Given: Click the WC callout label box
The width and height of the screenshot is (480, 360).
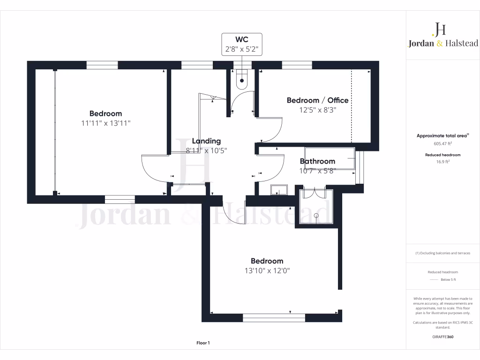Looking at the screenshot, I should (242, 45).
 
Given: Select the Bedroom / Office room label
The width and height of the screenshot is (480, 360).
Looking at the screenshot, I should (317, 100).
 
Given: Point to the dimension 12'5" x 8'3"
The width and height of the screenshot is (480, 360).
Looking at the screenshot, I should (317, 110).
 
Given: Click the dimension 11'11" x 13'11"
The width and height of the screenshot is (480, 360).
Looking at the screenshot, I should (105, 123).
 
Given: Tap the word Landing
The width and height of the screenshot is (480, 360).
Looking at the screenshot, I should (205, 141).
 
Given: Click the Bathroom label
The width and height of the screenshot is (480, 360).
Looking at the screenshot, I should (317, 161).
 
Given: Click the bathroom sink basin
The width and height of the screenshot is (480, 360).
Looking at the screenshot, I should (279, 189).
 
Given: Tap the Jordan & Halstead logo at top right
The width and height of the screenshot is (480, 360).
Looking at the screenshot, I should (442, 36).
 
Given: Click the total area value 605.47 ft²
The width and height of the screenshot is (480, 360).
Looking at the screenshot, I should (442, 144).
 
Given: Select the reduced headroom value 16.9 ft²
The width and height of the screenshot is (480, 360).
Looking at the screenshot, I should (442, 161).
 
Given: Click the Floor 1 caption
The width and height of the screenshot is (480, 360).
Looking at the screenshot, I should (203, 343).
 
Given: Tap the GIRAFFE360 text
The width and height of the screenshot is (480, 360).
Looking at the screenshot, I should (442, 337).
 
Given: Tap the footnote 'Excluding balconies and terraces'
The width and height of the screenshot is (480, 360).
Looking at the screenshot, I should (442, 253).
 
